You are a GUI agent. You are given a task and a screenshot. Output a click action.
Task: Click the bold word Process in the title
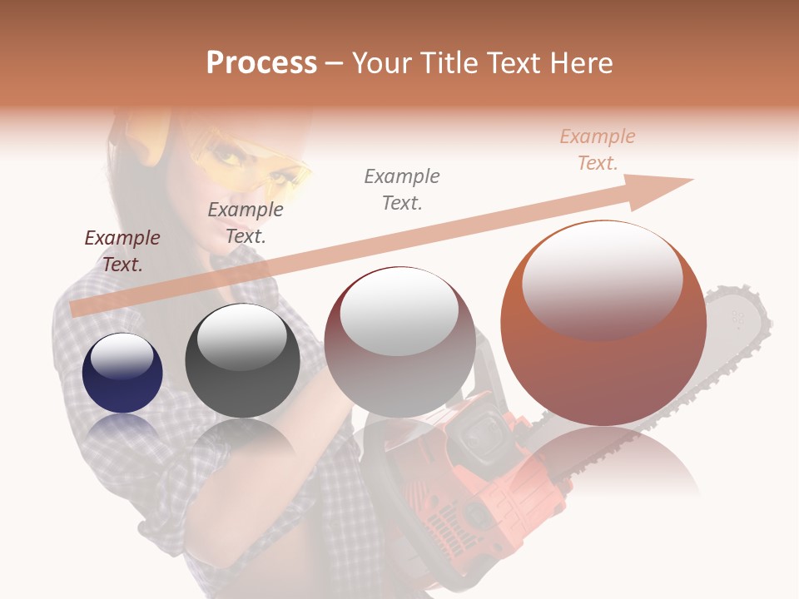pos(261,63)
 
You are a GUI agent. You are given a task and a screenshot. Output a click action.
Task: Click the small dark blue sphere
pos(122,374)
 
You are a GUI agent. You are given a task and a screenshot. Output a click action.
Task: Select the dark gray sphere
pos(242,360)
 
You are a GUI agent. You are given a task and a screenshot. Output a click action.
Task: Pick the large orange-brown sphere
pos(603,323)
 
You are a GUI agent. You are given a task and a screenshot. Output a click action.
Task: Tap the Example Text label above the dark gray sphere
pos(246,223)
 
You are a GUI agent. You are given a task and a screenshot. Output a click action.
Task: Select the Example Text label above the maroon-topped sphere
pos(402,190)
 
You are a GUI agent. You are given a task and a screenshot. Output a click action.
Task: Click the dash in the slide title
pos(334,63)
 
